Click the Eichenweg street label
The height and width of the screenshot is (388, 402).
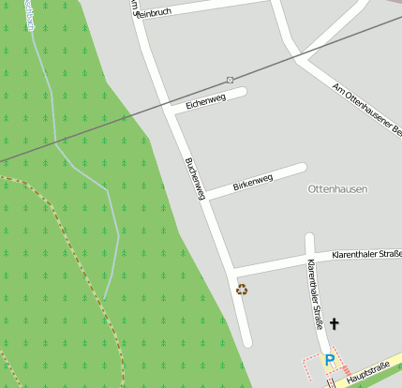click(206, 100)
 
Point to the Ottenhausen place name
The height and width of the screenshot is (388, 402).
click(337, 188)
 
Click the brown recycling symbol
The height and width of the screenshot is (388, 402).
click(242, 290)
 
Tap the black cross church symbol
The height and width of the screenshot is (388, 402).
click(334, 323)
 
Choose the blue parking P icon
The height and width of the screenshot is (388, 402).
click(329, 359)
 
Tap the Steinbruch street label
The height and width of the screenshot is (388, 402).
click(156, 10)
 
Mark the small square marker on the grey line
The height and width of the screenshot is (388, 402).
click(230, 80)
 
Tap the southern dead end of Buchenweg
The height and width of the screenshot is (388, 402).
click(246, 341)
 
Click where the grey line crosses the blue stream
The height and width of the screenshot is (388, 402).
click(64, 141)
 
